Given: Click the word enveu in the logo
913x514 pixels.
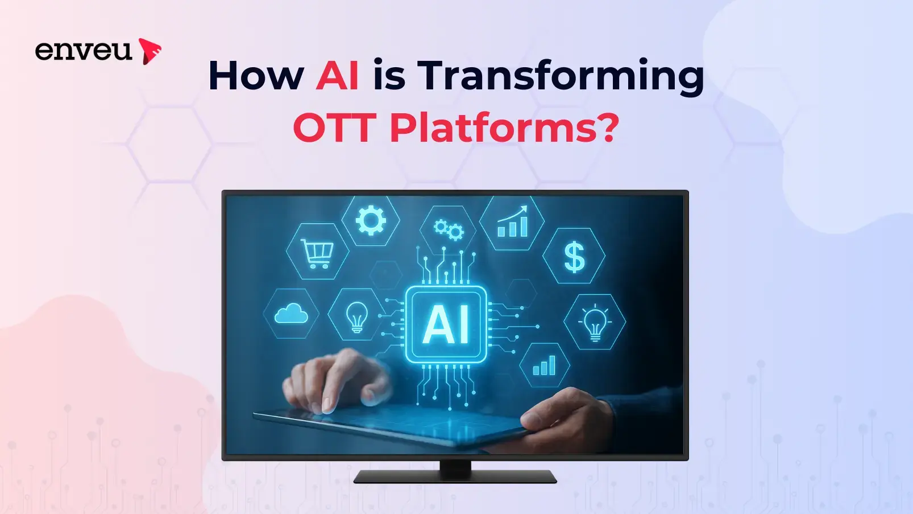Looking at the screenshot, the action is (x=84, y=51).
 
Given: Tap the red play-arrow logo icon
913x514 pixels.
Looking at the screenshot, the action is (x=149, y=51).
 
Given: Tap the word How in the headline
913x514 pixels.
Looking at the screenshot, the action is (x=256, y=76).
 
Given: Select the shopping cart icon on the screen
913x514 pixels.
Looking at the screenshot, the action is (x=318, y=253).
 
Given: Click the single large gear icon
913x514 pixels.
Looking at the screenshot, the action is (x=371, y=220).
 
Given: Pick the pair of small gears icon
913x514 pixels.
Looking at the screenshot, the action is (x=449, y=230).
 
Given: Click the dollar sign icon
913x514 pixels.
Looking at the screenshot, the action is (x=574, y=257).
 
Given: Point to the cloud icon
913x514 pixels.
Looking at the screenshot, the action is (x=291, y=314).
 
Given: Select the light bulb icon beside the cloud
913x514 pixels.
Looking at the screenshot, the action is (x=356, y=317).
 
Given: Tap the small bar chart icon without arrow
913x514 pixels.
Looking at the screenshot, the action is (x=544, y=365).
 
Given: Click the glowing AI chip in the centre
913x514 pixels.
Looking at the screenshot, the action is (x=446, y=324).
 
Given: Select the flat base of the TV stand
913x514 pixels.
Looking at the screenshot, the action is (x=455, y=477).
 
